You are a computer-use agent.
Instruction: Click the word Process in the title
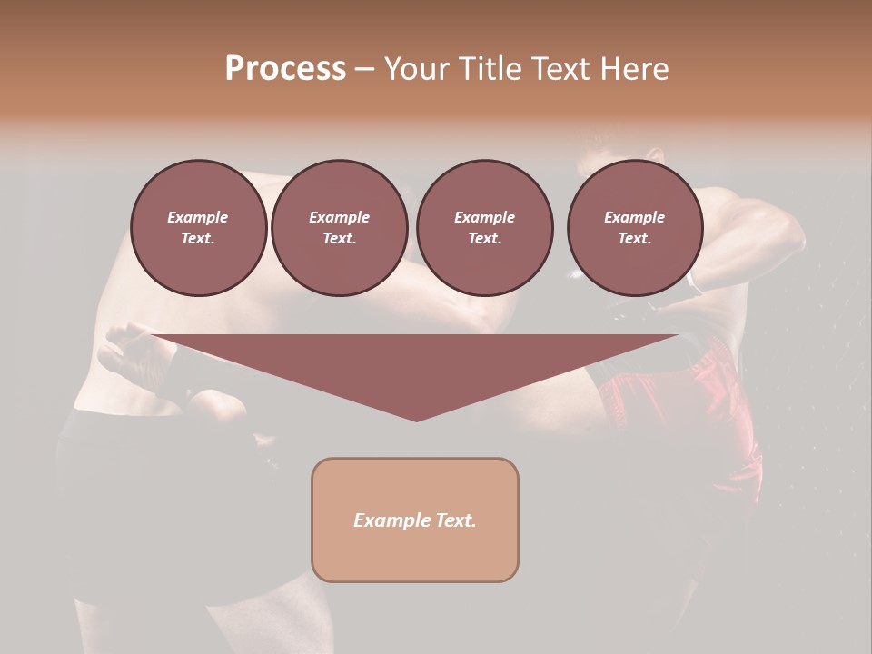(x=285, y=69)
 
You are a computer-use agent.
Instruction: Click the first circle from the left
(x=198, y=228)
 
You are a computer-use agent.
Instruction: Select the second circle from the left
(x=339, y=228)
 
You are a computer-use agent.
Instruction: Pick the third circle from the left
(x=484, y=228)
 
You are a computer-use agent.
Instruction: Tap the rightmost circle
(x=634, y=228)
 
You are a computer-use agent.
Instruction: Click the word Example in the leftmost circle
(x=198, y=217)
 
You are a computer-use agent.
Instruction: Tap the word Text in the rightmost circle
(x=634, y=239)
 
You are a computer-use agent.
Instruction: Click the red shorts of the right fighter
(x=718, y=409)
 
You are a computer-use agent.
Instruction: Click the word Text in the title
(x=563, y=69)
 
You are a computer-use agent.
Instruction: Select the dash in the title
(x=364, y=70)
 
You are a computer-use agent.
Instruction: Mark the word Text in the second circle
(x=339, y=239)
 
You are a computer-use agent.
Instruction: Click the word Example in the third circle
(x=484, y=217)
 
